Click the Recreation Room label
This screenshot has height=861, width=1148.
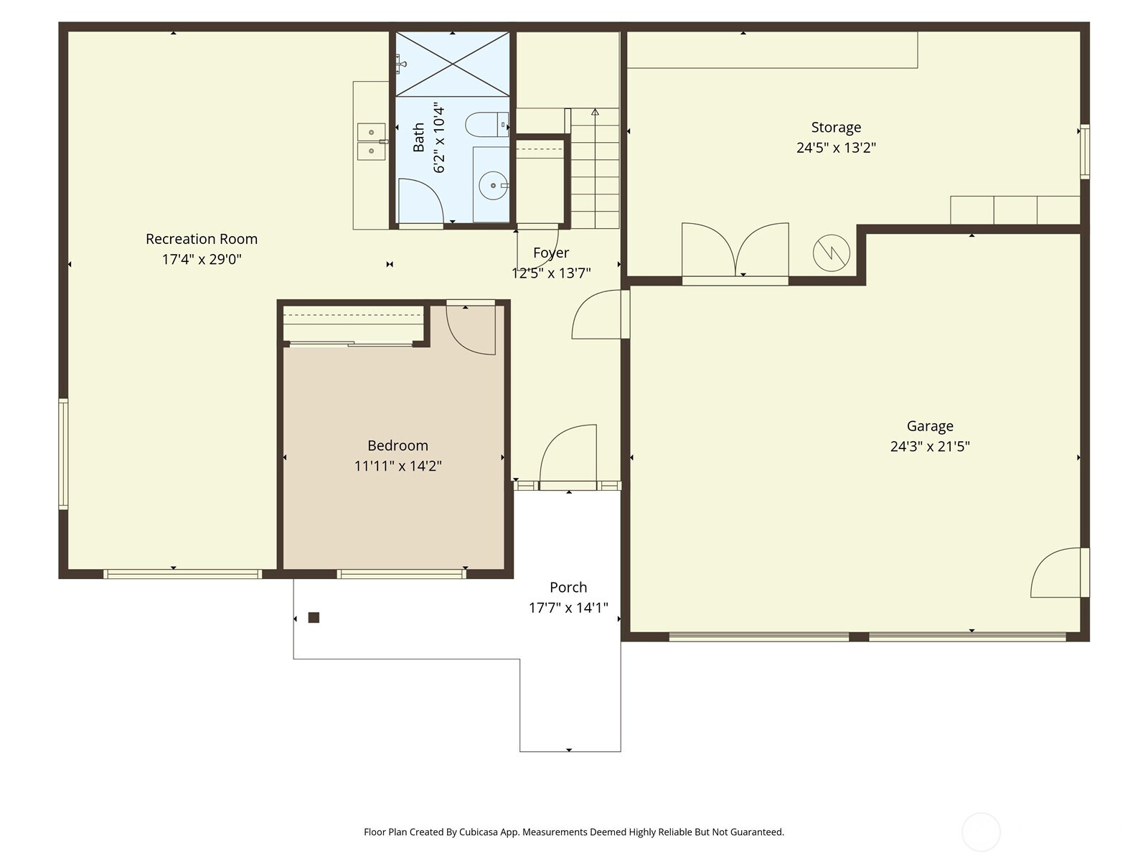202,239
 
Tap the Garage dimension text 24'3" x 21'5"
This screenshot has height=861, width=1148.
930,446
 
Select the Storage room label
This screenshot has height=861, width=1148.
836,128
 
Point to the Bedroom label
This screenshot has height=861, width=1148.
397,446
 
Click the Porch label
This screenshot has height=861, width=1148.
568,587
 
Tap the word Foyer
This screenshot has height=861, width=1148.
551,253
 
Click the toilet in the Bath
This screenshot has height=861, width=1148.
486,124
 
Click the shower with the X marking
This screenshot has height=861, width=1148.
452,64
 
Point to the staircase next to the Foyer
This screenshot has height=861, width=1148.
595,168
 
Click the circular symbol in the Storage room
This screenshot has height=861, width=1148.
831,253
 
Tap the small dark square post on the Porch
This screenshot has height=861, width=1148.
314,617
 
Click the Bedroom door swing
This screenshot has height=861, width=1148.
470,329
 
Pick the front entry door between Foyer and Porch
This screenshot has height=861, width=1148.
568,455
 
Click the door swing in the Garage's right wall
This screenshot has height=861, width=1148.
1055,573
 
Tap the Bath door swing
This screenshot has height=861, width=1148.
420,201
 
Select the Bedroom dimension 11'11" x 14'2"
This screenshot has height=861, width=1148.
397,465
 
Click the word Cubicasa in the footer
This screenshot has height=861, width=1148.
478,831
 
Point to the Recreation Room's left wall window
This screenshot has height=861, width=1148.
63,453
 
